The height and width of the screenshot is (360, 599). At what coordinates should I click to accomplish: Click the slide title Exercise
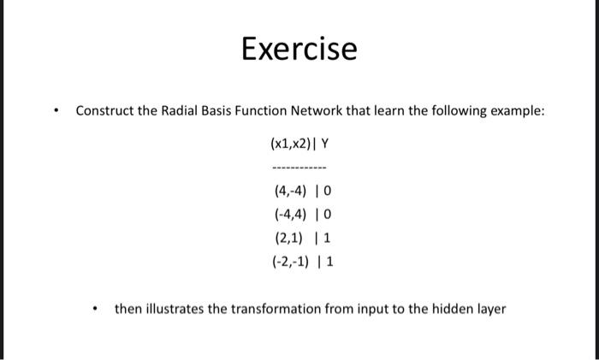coord(299,49)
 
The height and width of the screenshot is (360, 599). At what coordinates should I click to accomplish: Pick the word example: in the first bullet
coord(517,111)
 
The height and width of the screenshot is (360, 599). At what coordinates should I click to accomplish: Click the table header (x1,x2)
coord(291,144)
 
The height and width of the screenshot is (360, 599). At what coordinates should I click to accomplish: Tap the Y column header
coord(324,144)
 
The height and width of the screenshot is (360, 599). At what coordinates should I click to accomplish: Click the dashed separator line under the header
coord(299,168)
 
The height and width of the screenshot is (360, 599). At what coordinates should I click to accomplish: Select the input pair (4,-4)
coord(290,191)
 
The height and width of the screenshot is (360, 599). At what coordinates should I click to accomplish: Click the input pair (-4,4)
coord(290,215)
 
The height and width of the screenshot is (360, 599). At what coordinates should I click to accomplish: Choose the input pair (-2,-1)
coord(290,262)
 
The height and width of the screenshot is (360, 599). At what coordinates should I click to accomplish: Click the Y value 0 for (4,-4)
coord(328,191)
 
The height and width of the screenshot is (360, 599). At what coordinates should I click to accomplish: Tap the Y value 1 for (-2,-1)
coord(330,262)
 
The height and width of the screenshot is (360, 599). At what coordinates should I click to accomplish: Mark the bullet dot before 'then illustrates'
coord(95,309)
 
